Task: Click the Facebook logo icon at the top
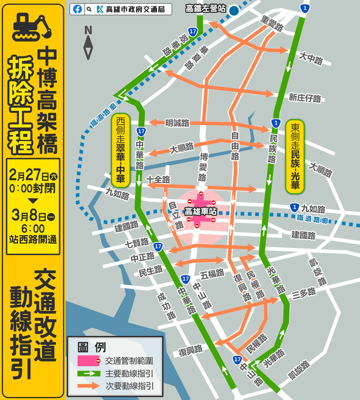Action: click(78, 9)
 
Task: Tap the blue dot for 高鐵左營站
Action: click(234, 11)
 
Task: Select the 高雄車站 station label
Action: click(201, 212)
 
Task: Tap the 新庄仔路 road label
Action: click(305, 98)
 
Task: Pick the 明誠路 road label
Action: click(177, 123)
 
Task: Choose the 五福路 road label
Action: click(213, 273)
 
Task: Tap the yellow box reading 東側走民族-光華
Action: click(295, 156)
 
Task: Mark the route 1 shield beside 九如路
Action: click(294, 207)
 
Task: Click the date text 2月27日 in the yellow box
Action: click(30, 175)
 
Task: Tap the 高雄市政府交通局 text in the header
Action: click(135, 9)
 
